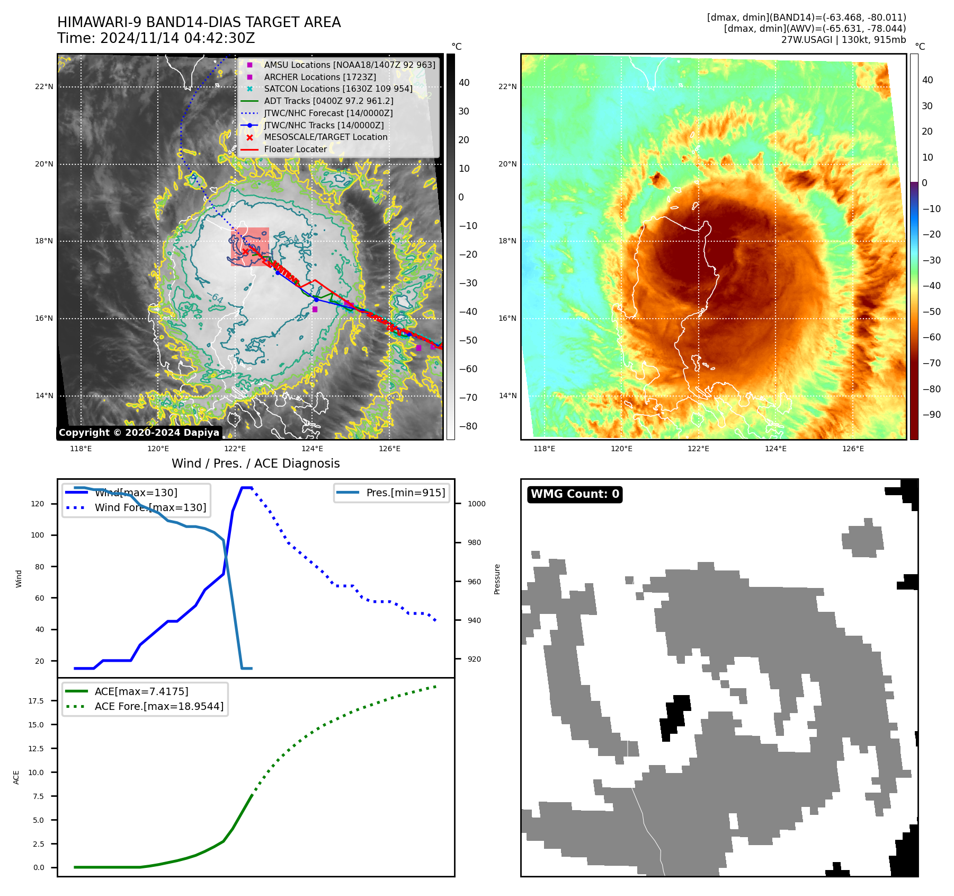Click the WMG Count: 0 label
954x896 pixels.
575,494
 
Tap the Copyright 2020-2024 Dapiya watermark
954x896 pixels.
139,433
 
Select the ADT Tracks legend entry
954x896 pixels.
328,101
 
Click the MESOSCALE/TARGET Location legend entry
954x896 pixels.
325,137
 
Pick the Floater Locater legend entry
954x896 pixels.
295,149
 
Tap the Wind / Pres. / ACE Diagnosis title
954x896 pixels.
255,463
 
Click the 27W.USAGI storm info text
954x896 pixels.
843,40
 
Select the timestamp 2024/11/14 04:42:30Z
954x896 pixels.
177,38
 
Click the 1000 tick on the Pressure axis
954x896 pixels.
476,504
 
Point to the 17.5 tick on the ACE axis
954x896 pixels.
36,701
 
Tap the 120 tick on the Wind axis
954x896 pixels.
38,504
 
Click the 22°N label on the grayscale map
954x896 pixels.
44,86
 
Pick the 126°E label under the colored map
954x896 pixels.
853,449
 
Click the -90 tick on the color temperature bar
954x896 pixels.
931,415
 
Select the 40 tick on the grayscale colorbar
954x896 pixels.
464,82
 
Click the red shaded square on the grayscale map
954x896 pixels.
250,247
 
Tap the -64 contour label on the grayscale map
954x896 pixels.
215,298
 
